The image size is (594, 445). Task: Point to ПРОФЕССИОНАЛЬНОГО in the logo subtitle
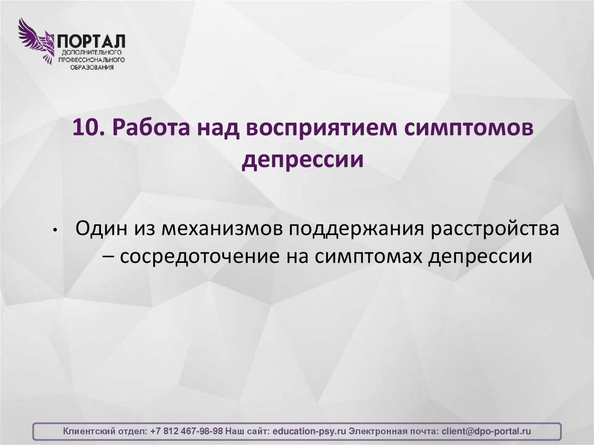(90, 60)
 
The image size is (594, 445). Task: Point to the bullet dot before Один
(53, 230)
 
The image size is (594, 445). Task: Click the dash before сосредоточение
(111, 256)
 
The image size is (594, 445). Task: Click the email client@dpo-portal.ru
(486, 432)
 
